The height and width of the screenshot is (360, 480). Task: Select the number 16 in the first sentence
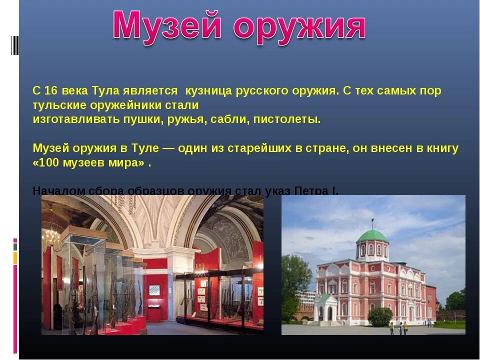50,91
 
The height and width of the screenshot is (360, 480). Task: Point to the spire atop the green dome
371,222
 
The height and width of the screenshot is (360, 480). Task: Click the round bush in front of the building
380,316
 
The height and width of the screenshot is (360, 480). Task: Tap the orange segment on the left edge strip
15,258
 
